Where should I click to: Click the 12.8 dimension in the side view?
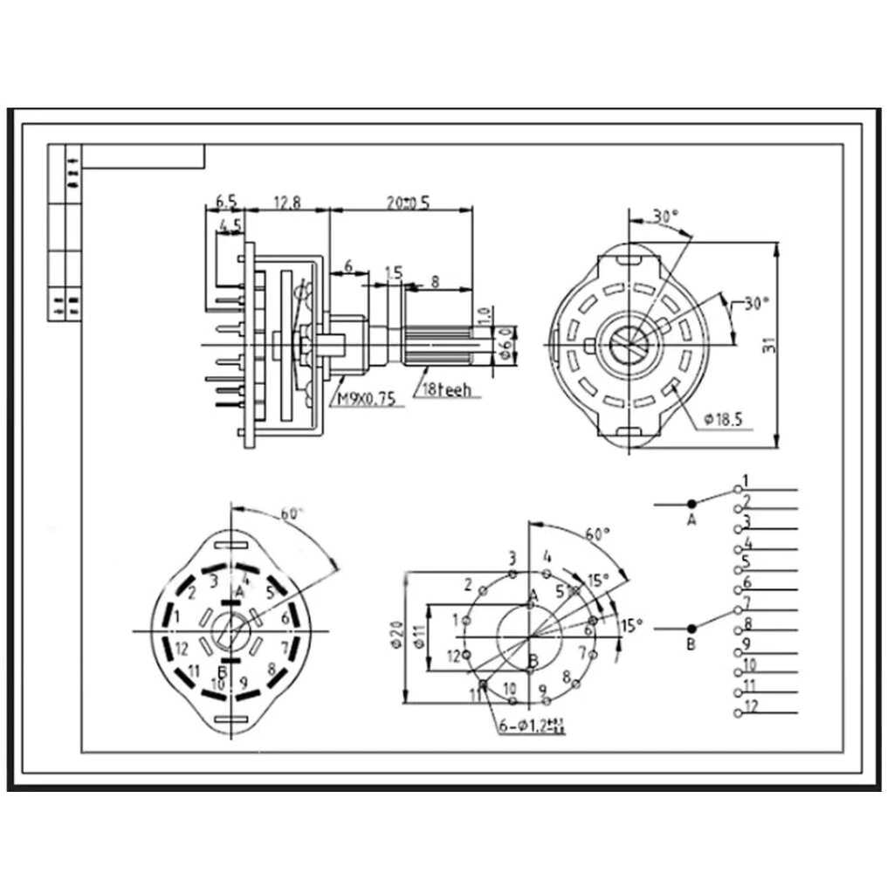287,203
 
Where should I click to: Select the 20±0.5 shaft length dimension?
408,203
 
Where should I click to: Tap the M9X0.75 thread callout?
367,399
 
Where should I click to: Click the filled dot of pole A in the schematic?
691,503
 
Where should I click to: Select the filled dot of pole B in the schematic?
691,628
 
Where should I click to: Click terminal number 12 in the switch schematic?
751,705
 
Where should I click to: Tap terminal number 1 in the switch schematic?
745,481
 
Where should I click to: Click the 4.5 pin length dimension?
230,225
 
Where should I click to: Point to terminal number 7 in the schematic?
746,604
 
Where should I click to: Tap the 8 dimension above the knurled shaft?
435,281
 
